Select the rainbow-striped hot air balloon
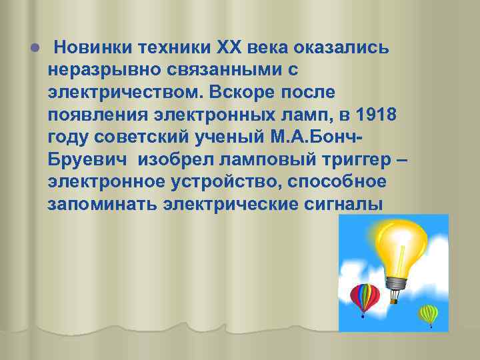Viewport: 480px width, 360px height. [365, 297]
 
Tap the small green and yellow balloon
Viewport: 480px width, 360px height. [427, 313]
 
